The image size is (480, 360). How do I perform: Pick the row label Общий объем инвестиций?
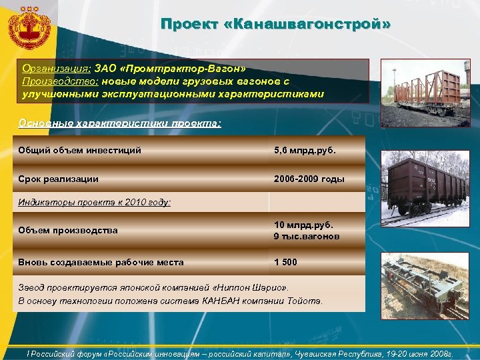(x=80, y=150)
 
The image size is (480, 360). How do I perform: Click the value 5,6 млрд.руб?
(x=305, y=150)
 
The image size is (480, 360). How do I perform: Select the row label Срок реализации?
(x=59, y=179)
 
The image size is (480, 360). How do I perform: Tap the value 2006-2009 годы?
(x=309, y=179)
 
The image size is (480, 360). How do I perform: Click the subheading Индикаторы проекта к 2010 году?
(x=95, y=201)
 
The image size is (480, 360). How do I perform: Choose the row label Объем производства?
(x=68, y=230)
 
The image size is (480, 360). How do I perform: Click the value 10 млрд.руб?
(x=303, y=225)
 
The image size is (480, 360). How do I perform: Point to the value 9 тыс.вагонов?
(x=306, y=237)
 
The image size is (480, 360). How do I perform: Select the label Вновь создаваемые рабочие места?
(x=101, y=262)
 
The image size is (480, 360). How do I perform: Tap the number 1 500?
(x=285, y=262)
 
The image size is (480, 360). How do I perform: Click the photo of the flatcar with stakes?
(x=424, y=89)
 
